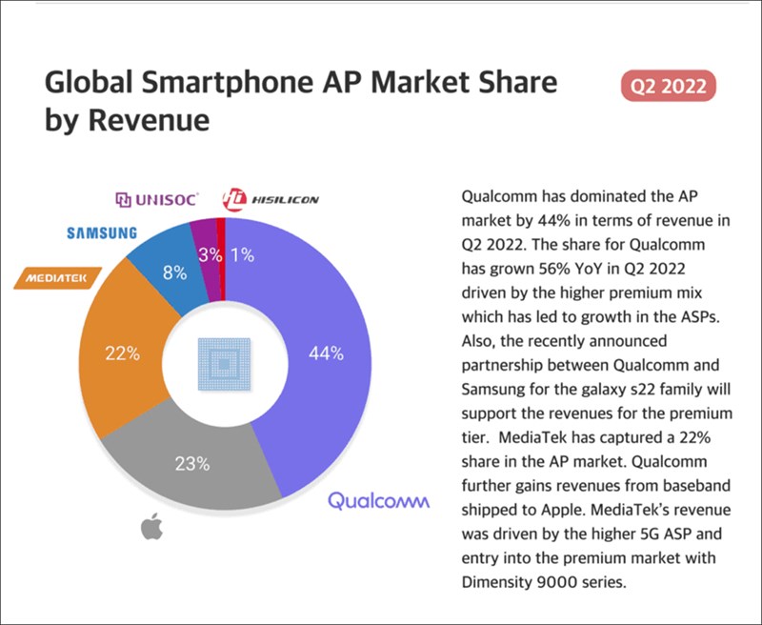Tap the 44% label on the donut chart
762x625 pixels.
click(x=326, y=353)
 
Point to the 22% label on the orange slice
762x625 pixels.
click(x=122, y=353)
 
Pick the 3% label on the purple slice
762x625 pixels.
click(x=209, y=255)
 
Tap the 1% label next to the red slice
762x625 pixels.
click(x=242, y=255)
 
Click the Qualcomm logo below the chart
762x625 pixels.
click(x=379, y=499)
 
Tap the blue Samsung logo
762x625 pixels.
click(x=102, y=232)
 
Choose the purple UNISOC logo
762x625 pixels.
click(x=156, y=199)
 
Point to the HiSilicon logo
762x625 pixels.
click(x=271, y=199)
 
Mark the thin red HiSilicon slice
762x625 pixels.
click(x=222, y=231)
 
